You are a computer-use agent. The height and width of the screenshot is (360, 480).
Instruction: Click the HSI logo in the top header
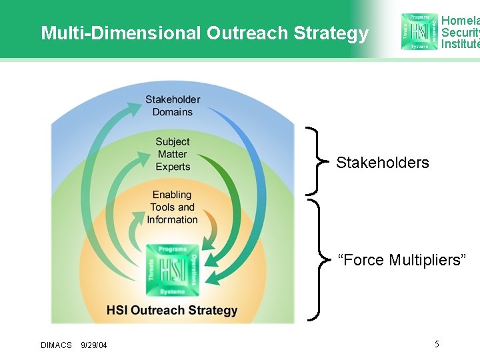point(419,31)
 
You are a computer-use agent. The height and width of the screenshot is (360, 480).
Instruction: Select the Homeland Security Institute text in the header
point(460,32)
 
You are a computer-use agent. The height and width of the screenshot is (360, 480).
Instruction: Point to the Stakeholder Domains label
point(173,105)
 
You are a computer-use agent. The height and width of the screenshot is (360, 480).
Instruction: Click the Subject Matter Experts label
point(173,154)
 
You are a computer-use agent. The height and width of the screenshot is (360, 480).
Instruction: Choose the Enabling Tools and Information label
point(172,207)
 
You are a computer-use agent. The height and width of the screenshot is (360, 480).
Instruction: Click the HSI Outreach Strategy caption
point(172,310)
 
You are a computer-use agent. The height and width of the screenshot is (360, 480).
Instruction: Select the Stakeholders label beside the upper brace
point(382,163)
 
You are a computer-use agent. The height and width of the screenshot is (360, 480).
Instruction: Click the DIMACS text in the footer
point(56,345)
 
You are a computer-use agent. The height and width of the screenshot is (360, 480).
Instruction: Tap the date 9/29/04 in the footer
point(93,345)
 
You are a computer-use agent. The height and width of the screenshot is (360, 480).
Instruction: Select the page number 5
point(437,344)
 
